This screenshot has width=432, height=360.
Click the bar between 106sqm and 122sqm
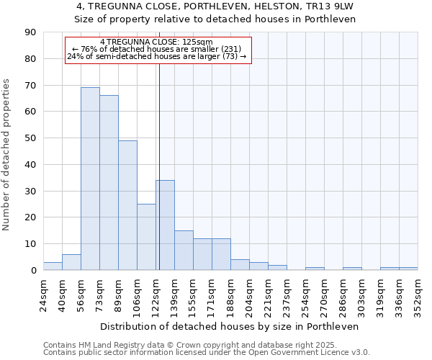pyautogui.click(x=146, y=237)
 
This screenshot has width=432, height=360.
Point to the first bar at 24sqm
pyautogui.click(x=53, y=266)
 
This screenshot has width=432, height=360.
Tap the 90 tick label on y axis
pyautogui.click(x=30, y=32)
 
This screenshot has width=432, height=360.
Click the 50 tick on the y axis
pyautogui.click(x=30, y=138)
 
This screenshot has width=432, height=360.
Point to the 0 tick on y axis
pyautogui.click(x=33, y=271)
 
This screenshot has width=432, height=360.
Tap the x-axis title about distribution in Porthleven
pyautogui.click(x=230, y=326)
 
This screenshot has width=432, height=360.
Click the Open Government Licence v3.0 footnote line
pyautogui.click(x=207, y=353)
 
